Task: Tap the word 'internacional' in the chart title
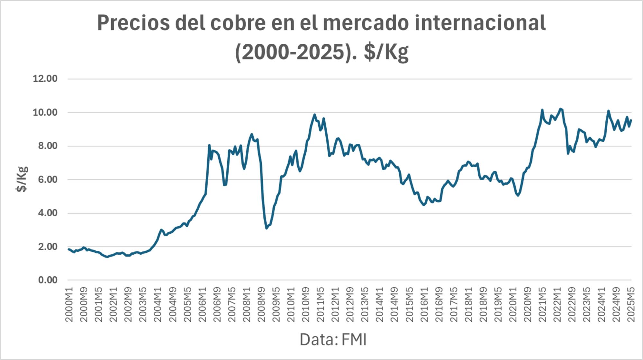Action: pyautogui.click(x=480, y=23)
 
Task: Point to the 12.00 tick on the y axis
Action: pyautogui.click(x=45, y=79)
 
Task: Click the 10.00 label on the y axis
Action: pyautogui.click(x=45, y=113)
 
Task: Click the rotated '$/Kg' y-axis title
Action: pyautogui.click(x=22, y=179)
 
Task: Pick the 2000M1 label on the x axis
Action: pyautogui.click(x=69, y=304)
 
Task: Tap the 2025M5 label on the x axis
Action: pyautogui.click(x=631, y=304)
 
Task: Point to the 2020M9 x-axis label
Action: pyautogui.click(x=528, y=304)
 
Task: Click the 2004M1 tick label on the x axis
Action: pyautogui.click(x=158, y=304)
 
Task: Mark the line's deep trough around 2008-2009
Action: pyautogui.click(x=267, y=228)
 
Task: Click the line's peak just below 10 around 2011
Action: pyautogui.click(x=314, y=114)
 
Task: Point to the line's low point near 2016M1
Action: pyautogui.click(x=423, y=205)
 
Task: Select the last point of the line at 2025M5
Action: pyautogui.click(x=631, y=120)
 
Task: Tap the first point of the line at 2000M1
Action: pyautogui.click(x=68, y=249)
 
